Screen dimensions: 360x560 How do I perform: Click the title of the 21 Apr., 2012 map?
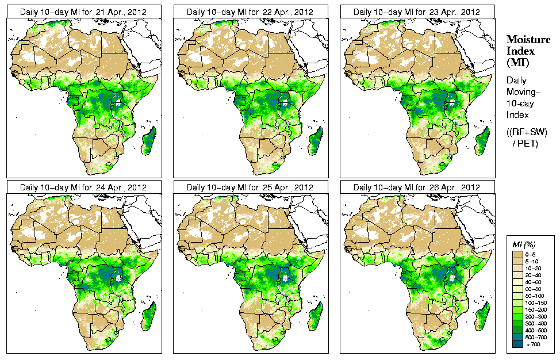tap(83, 12)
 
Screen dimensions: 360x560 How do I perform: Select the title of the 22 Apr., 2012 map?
tap(250, 12)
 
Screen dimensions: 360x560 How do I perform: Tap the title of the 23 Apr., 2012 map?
tap(417, 12)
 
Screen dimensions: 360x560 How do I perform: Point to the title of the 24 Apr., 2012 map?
tap(83, 187)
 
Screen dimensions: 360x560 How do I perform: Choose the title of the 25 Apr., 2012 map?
tap(250, 187)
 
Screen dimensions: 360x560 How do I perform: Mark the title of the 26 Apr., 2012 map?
tap(417, 187)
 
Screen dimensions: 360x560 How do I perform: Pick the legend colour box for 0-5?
tap(517, 253)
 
